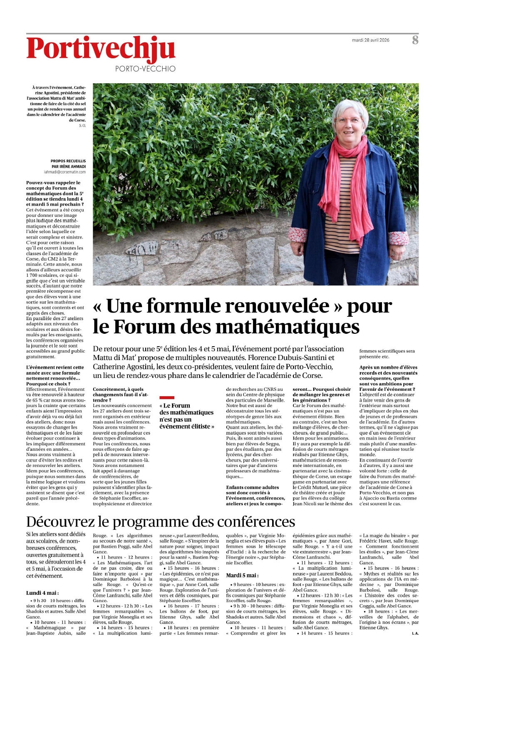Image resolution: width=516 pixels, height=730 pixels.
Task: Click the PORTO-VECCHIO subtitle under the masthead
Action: coord(145,69)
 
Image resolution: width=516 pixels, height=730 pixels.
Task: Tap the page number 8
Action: coord(415,40)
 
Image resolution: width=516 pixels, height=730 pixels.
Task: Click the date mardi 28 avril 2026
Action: coord(370,40)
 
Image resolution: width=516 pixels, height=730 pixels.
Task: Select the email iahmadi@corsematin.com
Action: coord(65,172)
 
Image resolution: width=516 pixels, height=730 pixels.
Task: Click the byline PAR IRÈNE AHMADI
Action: coord(69,166)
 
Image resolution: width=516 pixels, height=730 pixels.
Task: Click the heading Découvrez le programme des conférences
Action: coord(160,522)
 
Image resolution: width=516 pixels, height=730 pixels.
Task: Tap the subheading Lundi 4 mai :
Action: coord(42,593)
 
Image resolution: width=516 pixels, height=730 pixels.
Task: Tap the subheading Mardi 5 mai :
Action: coord(242,576)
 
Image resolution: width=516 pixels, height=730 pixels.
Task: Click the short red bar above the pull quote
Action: coord(167,398)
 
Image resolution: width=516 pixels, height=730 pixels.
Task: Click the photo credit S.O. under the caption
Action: coord(82,126)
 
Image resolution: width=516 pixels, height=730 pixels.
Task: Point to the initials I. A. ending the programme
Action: coord(415,633)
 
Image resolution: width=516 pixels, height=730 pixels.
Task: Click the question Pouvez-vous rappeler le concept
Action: coord(53,183)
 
